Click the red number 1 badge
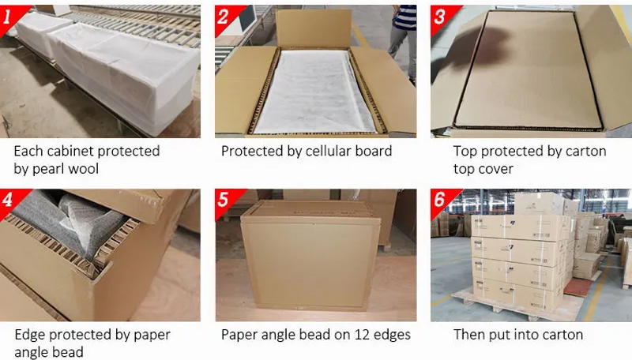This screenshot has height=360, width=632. (10, 17)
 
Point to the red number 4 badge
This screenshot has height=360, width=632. (10, 201)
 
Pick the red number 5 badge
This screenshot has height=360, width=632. (225, 201)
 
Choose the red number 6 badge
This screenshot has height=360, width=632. (441, 201)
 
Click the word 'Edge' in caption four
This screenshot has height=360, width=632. (30, 335)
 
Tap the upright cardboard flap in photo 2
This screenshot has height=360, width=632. (314, 28)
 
